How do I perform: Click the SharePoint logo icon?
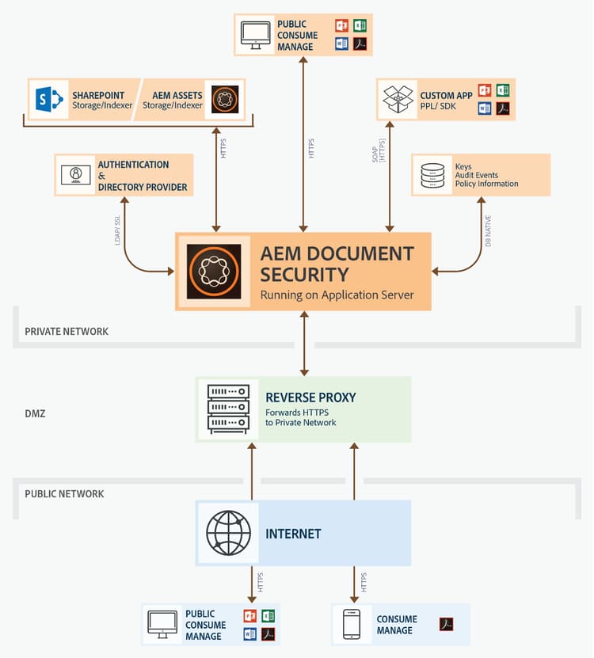click(49, 100)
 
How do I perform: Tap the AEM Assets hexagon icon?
click(221, 100)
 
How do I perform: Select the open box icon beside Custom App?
click(398, 100)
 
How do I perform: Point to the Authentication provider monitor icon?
click(76, 176)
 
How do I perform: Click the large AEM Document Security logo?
click(214, 272)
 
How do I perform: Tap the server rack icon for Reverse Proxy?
click(228, 409)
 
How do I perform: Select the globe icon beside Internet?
click(228, 533)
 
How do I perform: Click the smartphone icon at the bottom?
click(351, 624)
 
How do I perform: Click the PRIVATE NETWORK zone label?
click(66, 332)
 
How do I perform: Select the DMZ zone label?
click(35, 413)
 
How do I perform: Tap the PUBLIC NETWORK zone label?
click(64, 494)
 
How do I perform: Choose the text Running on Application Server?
click(337, 295)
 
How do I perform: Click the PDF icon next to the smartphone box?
click(446, 625)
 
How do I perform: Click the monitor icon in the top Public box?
click(256, 36)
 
